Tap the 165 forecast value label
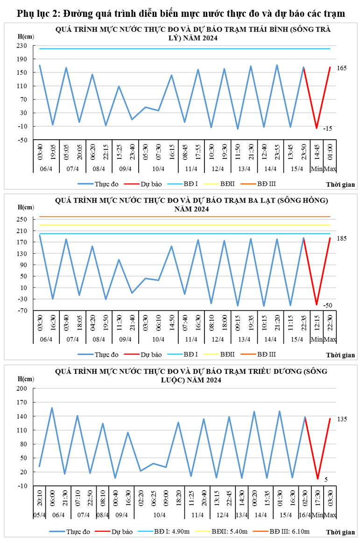coord(342,68)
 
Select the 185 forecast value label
coord(342,239)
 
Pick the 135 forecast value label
coord(342,419)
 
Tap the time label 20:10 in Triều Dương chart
coord(40,500)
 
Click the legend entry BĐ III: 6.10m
coord(288,531)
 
